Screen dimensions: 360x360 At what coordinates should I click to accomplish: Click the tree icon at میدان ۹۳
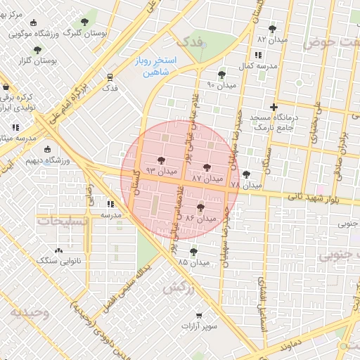coord(162,160)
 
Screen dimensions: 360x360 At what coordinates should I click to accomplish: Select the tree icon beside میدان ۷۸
coord(245,174)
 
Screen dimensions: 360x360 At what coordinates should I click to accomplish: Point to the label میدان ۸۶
coord(199,219)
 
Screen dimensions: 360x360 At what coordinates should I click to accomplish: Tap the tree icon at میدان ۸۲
coord(272,29)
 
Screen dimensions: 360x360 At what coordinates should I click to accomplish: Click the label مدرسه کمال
coord(252,65)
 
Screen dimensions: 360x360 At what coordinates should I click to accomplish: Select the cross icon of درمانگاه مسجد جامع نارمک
coord(274,107)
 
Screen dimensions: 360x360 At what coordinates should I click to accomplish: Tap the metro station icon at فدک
coord(110,77)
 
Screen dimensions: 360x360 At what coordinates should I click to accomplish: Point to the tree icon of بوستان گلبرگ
coord(85,22)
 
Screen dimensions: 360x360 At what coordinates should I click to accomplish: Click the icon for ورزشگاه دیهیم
coord(48,149)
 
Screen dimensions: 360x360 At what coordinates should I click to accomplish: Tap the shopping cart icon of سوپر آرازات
coord(200,316)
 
